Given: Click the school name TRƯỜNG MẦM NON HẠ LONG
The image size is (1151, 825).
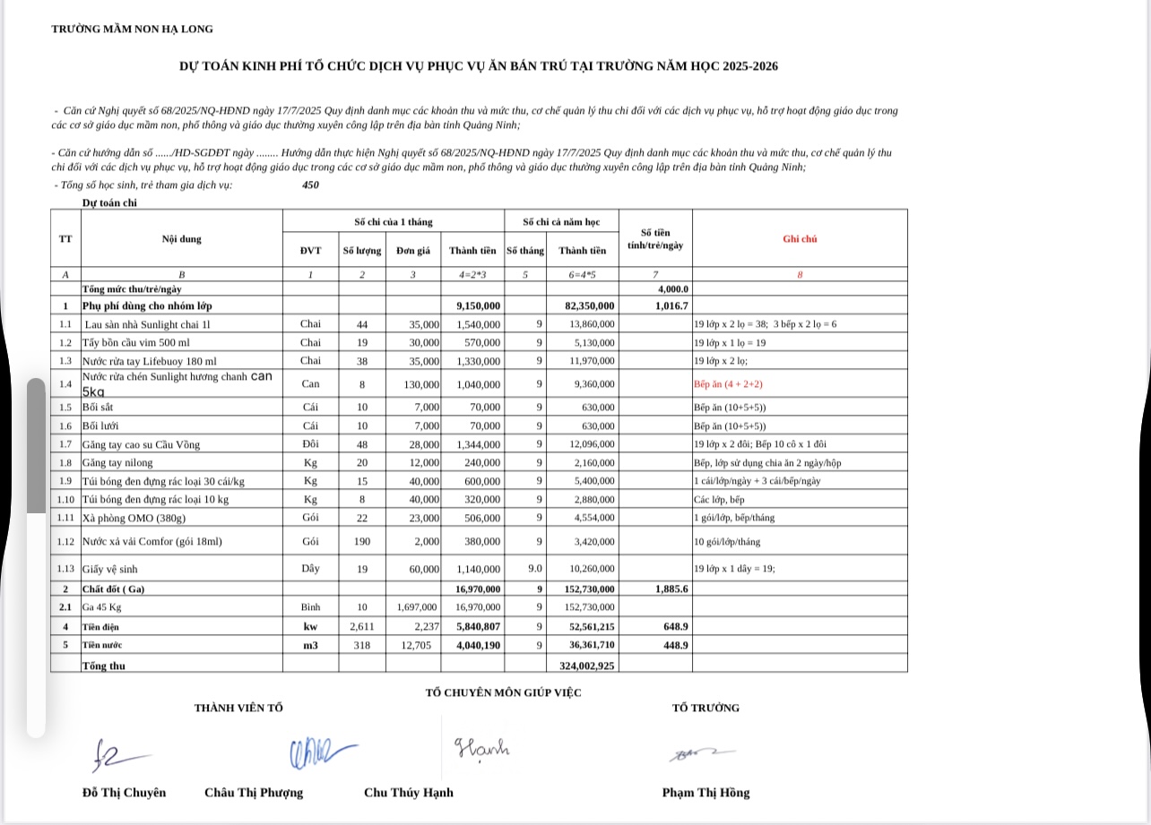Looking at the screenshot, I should click(132, 29).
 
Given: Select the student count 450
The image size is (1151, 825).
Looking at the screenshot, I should click(311, 185).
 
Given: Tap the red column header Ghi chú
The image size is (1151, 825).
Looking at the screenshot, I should click(800, 239).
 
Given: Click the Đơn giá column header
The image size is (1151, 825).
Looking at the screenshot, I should click(412, 251).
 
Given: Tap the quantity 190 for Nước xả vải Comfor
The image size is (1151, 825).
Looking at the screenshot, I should click(362, 542).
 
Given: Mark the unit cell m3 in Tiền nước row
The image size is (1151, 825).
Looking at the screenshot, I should click(310, 645).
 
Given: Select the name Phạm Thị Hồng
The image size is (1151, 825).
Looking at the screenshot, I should click(705, 793).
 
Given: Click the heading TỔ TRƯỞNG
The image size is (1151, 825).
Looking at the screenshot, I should click(705, 708).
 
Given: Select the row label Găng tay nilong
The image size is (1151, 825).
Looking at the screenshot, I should click(117, 463).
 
